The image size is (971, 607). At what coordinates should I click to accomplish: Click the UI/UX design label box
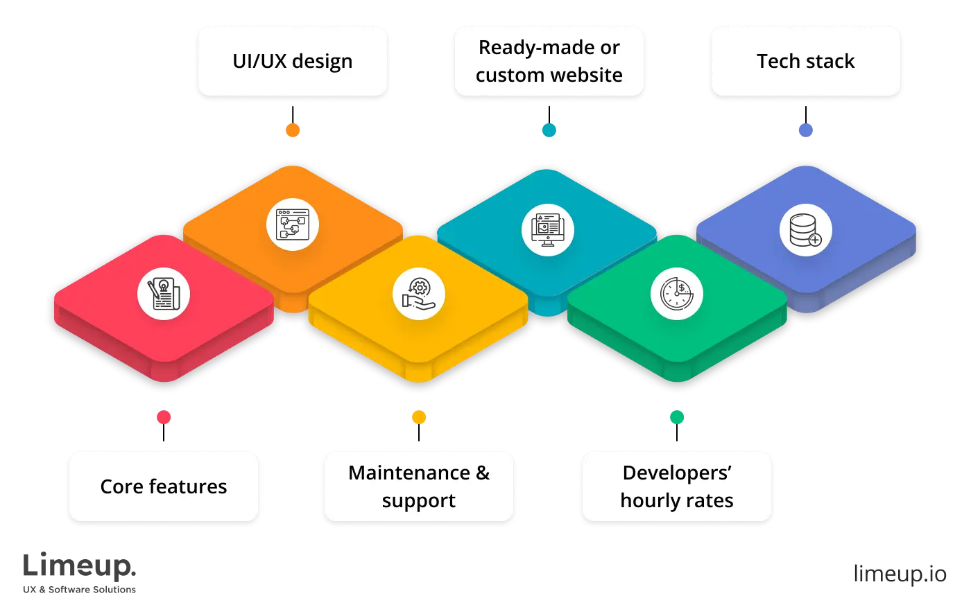pos(292,61)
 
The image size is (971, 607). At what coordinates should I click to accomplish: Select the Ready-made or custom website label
pos(549,61)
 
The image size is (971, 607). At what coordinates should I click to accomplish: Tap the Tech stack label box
pos(805,61)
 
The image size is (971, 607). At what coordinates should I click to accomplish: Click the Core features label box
pos(163,486)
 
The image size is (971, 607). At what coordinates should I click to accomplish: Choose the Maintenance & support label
pos(419,486)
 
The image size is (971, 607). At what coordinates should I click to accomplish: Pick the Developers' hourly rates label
pos(676,486)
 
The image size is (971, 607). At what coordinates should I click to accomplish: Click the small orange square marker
pos(293,130)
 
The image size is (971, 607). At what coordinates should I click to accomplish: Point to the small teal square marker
pos(549,130)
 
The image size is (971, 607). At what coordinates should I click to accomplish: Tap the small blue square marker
pos(806,130)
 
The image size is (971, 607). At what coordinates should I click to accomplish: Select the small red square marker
pos(164,417)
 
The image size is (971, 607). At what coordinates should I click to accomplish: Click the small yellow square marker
pos(419,417)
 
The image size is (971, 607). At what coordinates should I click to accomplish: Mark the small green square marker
pos(677,417)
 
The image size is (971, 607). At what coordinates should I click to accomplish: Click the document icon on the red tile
pos(164,294)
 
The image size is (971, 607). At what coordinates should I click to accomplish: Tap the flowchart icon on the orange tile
pos(293,225)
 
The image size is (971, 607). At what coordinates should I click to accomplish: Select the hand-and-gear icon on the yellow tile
pos(419,294)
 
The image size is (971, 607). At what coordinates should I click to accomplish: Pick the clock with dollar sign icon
pos(677,294)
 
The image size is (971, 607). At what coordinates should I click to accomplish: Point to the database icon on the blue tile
pos(805,230)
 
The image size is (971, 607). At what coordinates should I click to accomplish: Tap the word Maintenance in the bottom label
pos(409,473)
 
